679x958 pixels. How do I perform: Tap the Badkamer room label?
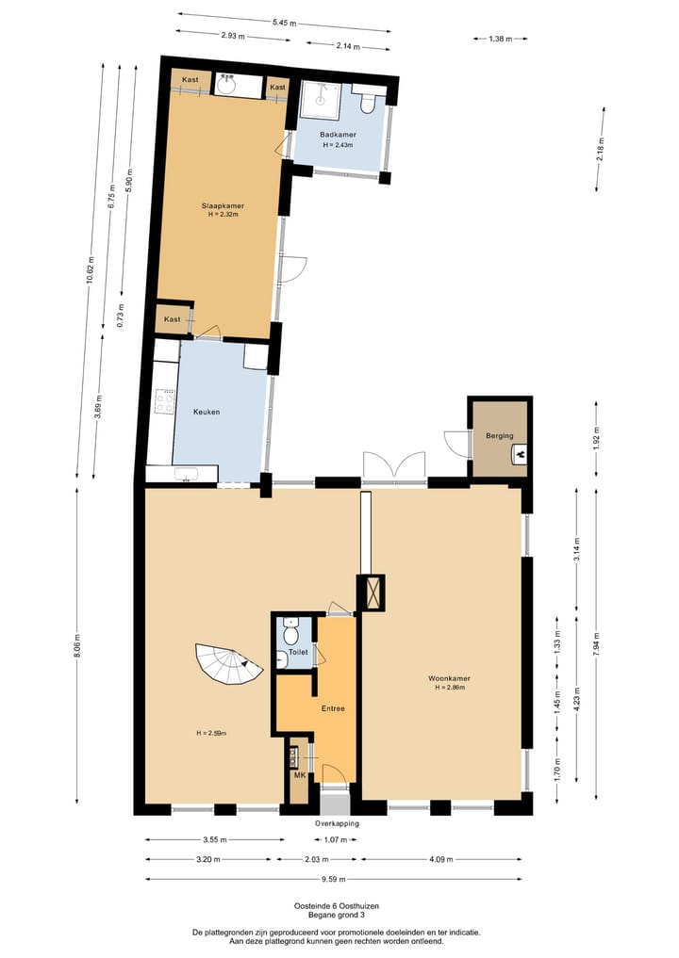[337, 135]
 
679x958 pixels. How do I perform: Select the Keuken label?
[207, 412]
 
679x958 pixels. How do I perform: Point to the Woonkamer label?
[449, 677]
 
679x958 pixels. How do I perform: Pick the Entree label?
[333, 708]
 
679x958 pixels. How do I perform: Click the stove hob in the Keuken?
[165, 402]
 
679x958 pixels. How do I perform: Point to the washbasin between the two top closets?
[226, 85]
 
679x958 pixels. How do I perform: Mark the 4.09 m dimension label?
[440, 859]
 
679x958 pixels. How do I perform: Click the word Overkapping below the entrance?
[337, 822]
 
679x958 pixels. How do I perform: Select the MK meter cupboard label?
[299, 776]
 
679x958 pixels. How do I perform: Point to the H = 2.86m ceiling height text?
[449, 688]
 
